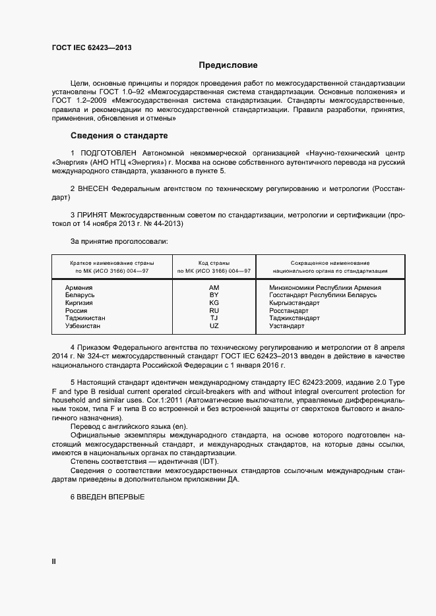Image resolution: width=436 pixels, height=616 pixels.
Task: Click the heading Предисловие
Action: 228,65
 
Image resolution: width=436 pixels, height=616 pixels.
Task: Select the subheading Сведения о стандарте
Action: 119,136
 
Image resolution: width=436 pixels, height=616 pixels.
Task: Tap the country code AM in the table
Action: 214,288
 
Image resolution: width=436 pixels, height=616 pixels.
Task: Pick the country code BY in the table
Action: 214,295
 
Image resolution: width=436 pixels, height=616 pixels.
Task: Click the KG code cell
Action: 214,303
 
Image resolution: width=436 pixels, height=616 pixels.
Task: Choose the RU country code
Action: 214,310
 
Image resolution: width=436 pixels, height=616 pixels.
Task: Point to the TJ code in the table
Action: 214,318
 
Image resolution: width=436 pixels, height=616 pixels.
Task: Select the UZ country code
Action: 214,326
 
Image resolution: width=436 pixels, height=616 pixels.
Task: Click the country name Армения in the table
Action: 79,288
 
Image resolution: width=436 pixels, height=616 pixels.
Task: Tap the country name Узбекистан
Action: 83,326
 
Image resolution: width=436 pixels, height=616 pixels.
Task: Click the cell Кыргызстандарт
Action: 295,303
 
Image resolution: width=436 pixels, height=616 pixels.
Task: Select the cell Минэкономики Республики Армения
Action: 325,288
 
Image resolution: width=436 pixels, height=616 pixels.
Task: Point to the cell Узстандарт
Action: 287,326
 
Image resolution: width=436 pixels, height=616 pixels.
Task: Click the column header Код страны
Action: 214,263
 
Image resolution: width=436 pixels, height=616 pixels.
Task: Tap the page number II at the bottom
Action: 54,561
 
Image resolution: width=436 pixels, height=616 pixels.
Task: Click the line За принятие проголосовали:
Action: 119,241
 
